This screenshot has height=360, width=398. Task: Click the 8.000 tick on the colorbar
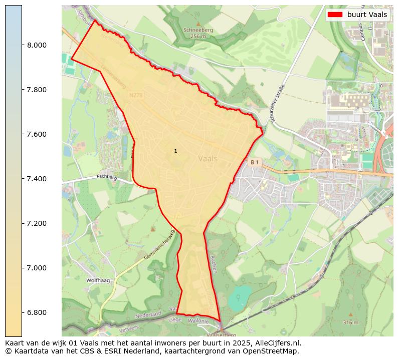coord(37,45)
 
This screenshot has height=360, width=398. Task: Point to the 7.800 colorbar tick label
coord(37,90)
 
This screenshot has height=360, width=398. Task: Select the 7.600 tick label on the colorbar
coord(37,134)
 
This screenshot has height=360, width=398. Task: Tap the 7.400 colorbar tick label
coord(37,179)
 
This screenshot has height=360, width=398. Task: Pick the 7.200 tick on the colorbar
coord(37,223)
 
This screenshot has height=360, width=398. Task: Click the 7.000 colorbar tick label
coord(37,268)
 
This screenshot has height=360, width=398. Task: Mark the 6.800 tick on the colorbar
coord(37,312)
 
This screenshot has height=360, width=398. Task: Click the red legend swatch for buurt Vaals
coord(335,15)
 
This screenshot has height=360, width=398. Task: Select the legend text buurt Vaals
coord(367,15)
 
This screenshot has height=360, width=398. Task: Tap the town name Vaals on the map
coord(208,158)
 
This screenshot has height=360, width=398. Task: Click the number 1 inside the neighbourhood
coord(175,151)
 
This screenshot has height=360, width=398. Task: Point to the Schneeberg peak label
coord(198,30)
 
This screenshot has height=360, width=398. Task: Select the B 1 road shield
coord(255,162)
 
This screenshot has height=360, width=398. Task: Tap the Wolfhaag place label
coord(98,280)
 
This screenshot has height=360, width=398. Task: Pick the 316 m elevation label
coord(350,322)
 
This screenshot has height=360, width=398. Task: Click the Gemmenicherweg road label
coord(159,245)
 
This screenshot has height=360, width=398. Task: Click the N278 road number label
coord(135,95)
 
